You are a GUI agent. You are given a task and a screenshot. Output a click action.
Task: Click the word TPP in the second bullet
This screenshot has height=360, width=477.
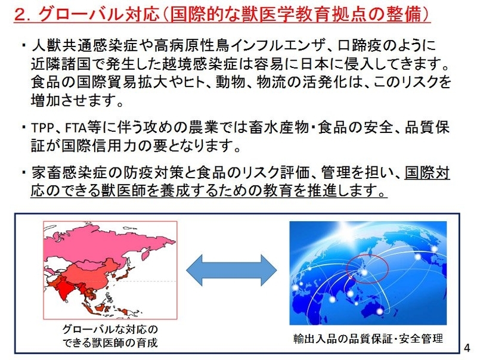[x=46, y=128]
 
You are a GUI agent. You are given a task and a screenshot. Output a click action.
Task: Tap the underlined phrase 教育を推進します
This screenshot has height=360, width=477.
[x=334, y=191]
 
